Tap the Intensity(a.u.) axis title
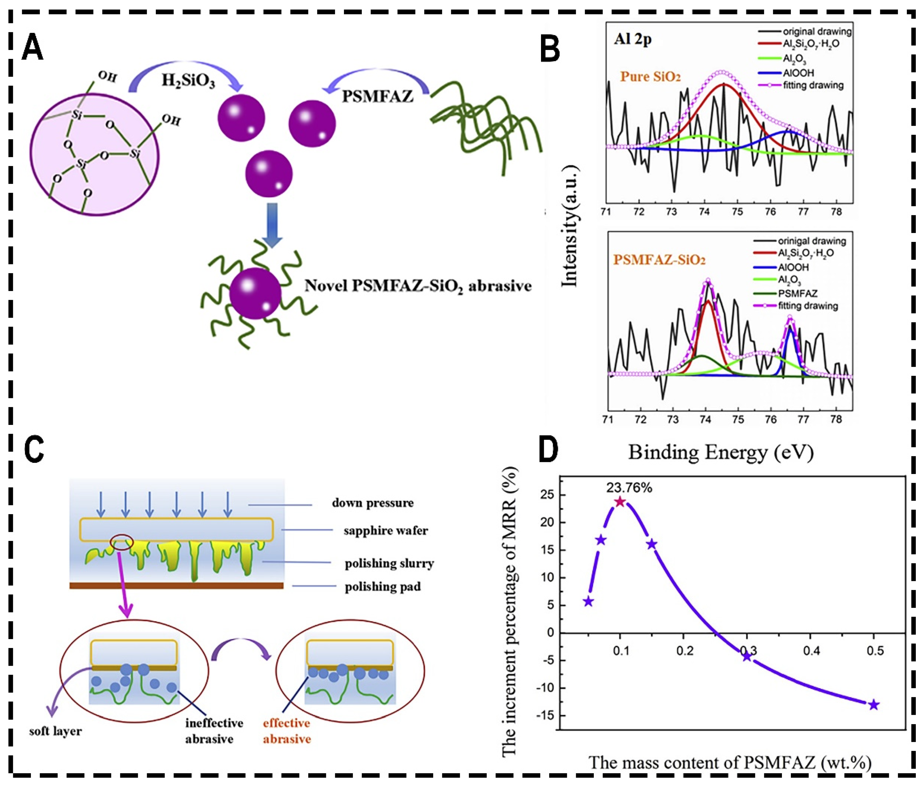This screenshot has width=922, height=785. (x=570, y=227)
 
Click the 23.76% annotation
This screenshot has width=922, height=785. (x=629, y=488)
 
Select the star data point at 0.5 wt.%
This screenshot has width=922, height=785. (x=873, y=717)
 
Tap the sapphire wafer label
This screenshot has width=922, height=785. (x=385, y=531)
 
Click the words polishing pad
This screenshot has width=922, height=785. (x=383, y=587)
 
